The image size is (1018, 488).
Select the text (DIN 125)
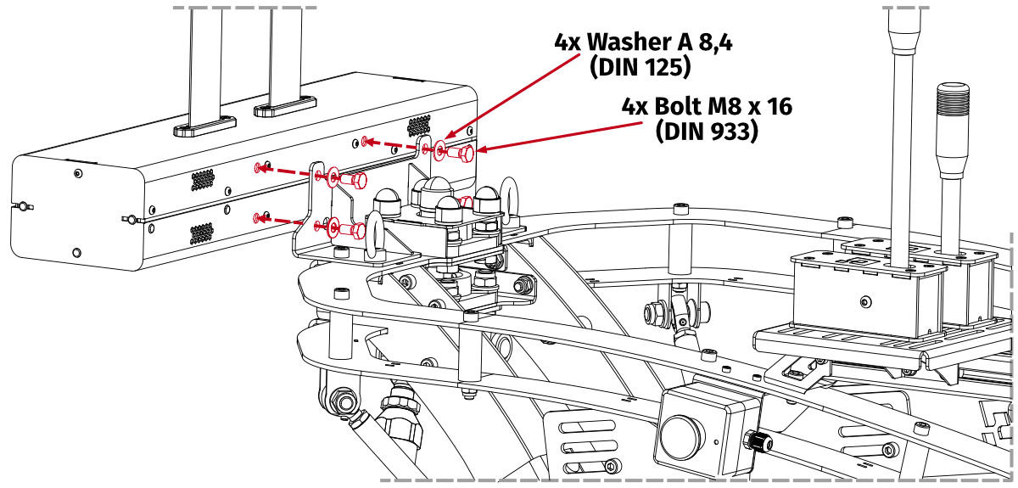pyautogui.click(x=640, y=67)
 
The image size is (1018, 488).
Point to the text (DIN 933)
pyautogui.click(x=707, y=132)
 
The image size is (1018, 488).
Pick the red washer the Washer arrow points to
pyautogui.click(x=439, y=151)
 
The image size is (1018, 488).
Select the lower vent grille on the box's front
pyautogui.click(x=201, y=233)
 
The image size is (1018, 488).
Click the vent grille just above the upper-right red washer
pyautogui.click(x=418, y=126)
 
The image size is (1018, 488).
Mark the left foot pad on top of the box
pyautogui.click(x=204, y=126)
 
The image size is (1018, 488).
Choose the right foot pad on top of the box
pyautogui.click(x=284, y=106)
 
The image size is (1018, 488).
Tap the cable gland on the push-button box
pyautogui.click(x=754, y=441)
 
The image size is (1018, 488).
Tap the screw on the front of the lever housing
pyautogui.click(x=864, y=300)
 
